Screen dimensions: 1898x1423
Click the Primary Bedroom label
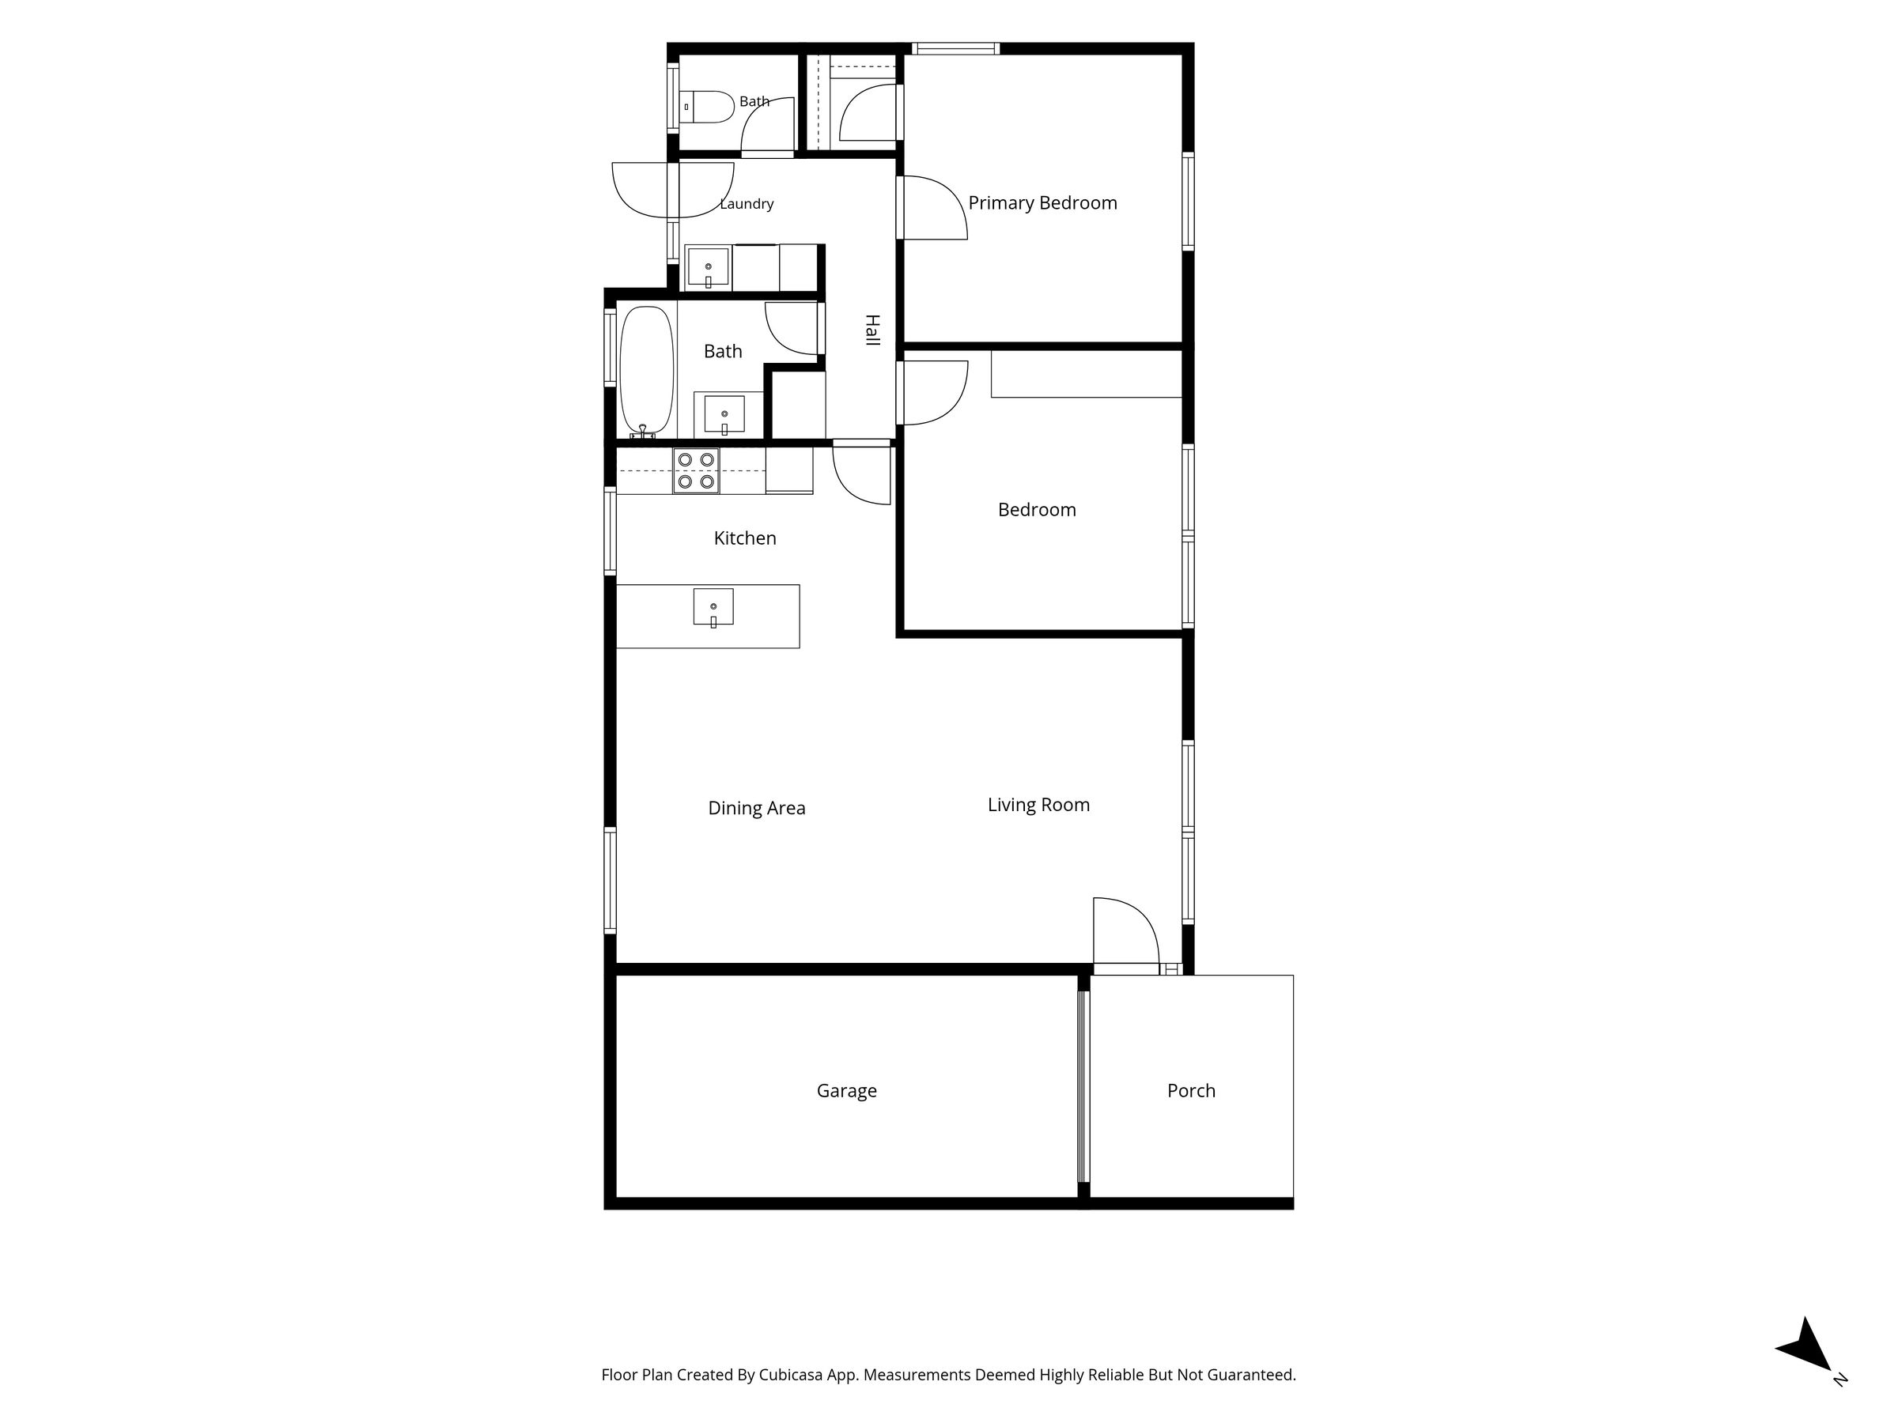[x=1042, y=203]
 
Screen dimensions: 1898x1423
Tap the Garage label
[x=846, y=1091]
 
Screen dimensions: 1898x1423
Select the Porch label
[x=1191, y=1090]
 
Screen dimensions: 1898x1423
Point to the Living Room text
[x=1038, y=805]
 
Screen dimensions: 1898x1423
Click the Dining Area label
[x=756, y=808]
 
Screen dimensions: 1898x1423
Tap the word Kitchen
[x=745, y=538]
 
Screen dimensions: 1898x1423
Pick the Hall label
[x=871, y=330]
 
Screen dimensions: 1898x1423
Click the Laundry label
[x=747, y=203]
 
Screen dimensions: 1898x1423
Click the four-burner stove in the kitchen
[x=696, y=471]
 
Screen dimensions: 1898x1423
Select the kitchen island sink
[x=713, y=607]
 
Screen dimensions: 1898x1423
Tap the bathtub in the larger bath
[x=647, y=371]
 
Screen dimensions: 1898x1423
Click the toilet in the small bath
[x=708, y=108]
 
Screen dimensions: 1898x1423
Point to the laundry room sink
[x=708, y=266]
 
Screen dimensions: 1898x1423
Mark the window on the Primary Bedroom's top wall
[x=955, y=48]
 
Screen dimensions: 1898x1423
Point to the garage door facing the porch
[x=1083, y=1087]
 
